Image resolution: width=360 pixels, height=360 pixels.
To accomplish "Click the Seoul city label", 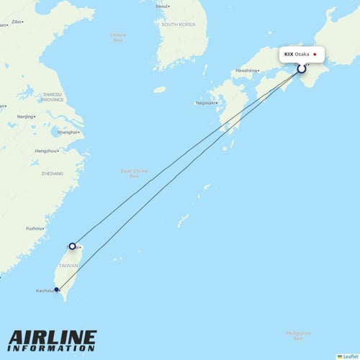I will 161,6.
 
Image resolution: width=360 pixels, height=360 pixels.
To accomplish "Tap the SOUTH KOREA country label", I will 178,24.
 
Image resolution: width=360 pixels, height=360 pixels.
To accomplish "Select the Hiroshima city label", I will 246,71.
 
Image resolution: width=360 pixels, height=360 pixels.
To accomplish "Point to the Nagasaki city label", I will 204,103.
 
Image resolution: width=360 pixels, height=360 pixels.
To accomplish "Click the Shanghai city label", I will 67,132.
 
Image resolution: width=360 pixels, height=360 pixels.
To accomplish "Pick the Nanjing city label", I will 25,117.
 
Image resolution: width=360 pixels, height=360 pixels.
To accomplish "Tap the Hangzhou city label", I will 45,150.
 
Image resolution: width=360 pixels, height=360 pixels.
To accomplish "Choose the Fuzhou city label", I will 33,228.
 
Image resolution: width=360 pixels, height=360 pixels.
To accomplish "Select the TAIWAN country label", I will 68,266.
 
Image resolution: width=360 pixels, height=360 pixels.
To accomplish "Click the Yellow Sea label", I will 118,36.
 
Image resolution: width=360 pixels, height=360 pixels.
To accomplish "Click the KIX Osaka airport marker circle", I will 302,69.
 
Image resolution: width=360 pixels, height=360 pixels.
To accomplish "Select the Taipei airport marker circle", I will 72,246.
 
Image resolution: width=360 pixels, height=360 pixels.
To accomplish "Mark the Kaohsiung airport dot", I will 58,291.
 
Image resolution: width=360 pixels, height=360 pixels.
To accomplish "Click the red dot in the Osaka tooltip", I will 315,54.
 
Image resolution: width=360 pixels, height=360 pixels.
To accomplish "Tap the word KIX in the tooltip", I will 289,54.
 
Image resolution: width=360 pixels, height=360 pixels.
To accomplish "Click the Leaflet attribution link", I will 350,356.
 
